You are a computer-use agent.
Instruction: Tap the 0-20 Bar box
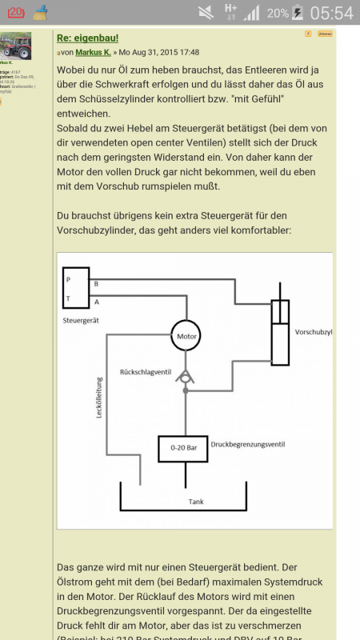[183, 448]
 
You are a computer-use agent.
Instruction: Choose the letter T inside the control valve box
[69, 299]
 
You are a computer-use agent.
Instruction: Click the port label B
[97, 284]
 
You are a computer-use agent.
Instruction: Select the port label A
[97, 301]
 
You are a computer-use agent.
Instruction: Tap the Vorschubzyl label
[313, 331]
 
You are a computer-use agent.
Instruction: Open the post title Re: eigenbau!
[88, 38]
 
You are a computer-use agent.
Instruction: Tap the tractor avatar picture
[16, 46]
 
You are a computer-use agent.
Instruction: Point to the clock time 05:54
[331, 13]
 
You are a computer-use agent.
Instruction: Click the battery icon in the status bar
[298, 13]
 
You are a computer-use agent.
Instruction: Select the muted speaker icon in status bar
[206, 13]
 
